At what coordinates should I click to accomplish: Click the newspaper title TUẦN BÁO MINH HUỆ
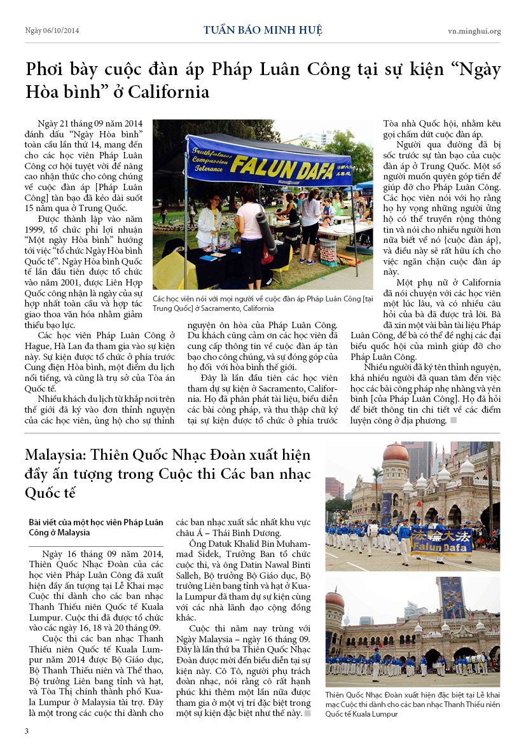coord(263,31)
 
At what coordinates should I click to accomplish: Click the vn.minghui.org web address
coord(474,31)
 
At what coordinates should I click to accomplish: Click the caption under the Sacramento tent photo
coord(262,303)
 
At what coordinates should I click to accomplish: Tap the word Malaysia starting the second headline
coord(55,455)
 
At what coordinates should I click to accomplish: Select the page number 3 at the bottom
coord(26,730)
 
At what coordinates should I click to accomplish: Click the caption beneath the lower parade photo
coord(412,704)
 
